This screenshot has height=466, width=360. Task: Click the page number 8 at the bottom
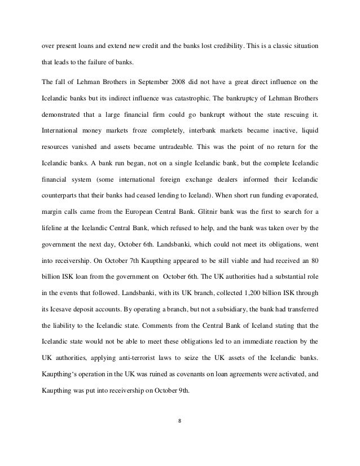click(x=181, y=420)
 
